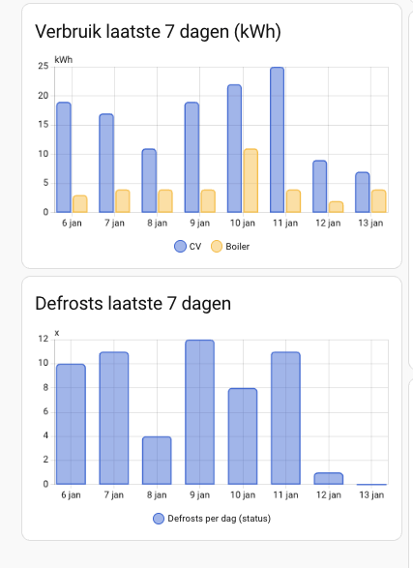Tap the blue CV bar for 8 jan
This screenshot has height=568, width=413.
[x=149, y=181]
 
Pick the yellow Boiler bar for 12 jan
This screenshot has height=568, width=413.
[x=336, y=206]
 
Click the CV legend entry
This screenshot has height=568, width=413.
[x=188, y=247]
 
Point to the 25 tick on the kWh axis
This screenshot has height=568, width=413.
[x=44, y=67]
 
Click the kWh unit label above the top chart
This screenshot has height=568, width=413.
[x=63, y=60]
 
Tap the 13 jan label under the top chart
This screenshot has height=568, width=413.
[x=370, y=223]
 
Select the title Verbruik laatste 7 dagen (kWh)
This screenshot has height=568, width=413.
[x=158, y=32]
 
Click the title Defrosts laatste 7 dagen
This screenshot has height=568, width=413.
[x=133, y=304]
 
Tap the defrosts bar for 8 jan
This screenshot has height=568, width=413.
[x=156, y=461]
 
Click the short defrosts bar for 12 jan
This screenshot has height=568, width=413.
[x=328, y=478]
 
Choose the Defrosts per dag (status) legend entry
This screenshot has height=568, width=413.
[x=212, y=520]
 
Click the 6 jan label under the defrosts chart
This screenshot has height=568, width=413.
[x=71, y=494]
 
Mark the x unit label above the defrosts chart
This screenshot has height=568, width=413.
[x=57, y=333]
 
